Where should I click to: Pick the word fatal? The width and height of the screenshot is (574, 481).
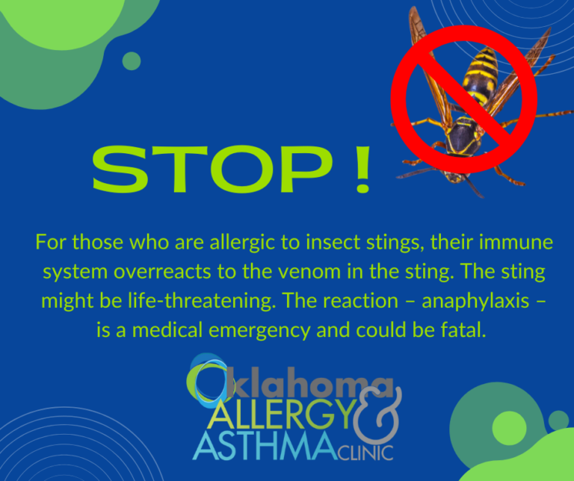click(463, 330)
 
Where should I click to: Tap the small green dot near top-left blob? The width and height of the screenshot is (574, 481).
click(132, 60)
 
